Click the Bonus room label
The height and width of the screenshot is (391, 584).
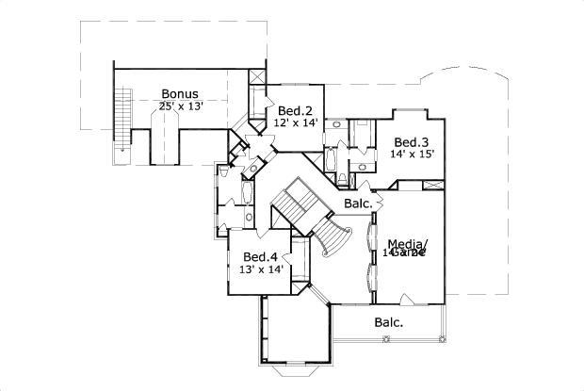click(179, 93)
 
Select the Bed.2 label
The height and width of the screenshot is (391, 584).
click(293, 108)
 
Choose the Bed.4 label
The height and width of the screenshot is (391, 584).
click(260, 256)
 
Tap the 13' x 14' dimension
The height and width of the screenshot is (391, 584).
click(260, 269)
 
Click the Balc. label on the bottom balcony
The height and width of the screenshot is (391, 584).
click(388, 322)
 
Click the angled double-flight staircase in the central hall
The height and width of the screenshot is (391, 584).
click(295, 204)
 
